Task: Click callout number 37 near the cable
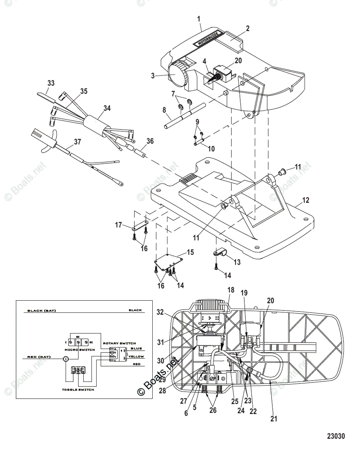(77, 141)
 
